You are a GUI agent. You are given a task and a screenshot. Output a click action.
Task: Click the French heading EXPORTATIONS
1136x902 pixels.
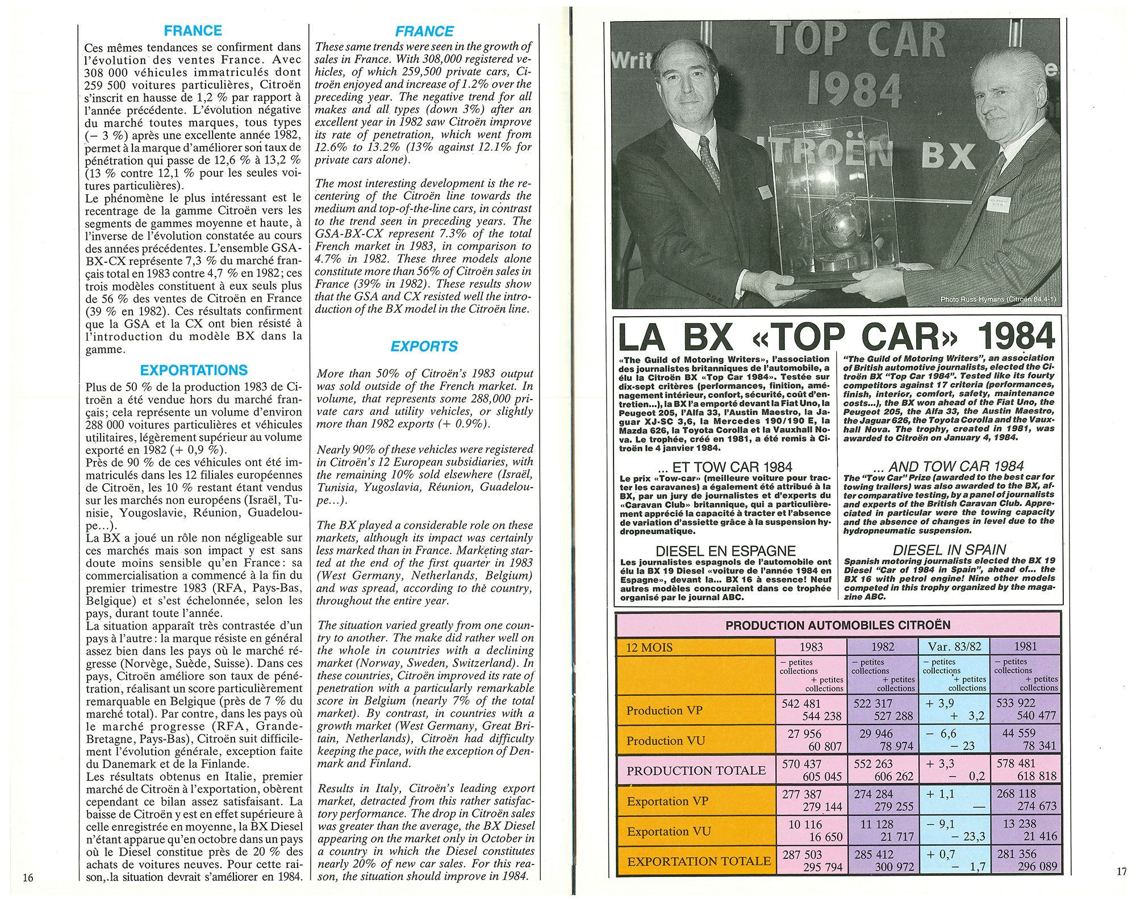coord(194,371)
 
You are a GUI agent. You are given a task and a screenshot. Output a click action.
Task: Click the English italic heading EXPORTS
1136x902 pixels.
coord(424,346)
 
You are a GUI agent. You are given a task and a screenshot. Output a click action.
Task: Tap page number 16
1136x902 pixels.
coord(28,878)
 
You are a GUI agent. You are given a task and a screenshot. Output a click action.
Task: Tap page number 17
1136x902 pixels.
coord(1121,871)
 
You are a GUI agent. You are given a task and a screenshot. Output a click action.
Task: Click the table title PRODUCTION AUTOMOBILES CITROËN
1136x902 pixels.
coord(838,625)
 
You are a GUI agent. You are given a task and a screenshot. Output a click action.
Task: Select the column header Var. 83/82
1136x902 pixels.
coord(954,647)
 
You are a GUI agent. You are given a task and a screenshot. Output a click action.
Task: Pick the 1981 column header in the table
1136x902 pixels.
coord(1025,647)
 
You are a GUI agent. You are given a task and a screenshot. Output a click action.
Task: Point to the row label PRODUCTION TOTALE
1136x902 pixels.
coord(696,770)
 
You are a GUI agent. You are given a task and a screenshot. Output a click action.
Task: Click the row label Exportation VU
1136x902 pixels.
coord(669,831)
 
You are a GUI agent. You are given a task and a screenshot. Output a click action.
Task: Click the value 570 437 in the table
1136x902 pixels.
coord(801,764)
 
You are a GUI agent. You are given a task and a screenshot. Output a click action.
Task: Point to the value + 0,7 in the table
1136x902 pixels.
coord(940,854)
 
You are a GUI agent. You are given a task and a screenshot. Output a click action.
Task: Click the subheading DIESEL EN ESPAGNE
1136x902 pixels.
coord(725,551)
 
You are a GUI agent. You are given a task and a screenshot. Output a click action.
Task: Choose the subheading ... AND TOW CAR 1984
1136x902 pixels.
coord(949,467)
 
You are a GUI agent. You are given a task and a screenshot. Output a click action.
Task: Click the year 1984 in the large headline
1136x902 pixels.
coord(1016,337)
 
